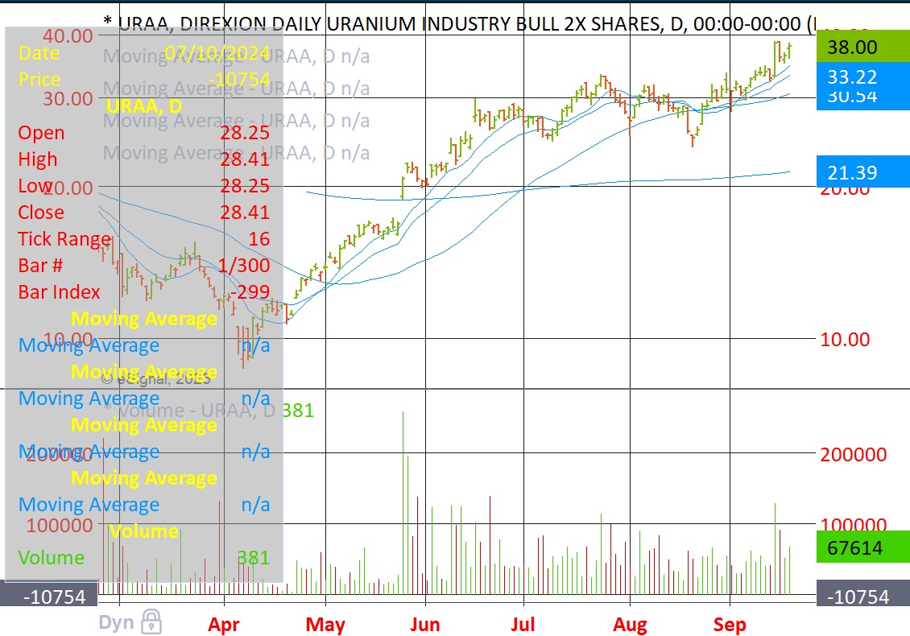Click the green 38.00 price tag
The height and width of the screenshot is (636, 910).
point(862,47)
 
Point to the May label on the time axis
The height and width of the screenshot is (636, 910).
point(325,625)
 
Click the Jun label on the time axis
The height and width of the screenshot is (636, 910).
point(424,625)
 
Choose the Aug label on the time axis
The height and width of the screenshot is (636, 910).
point(630,625)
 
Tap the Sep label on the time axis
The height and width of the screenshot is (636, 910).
point(730,625)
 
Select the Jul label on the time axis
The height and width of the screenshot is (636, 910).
point(523,625)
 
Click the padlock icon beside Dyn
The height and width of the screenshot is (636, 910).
point(151,622)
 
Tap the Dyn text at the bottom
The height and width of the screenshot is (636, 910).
point(117,622)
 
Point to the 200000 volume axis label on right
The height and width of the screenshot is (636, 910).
point(853,454)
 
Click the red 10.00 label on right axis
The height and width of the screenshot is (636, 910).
point(845,339)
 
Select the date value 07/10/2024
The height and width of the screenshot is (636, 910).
point(217,53)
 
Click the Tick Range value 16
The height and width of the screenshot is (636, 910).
point(259,239)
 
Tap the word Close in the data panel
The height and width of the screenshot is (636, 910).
point(41,213)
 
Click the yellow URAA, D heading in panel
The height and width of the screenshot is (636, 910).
point(143,106)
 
